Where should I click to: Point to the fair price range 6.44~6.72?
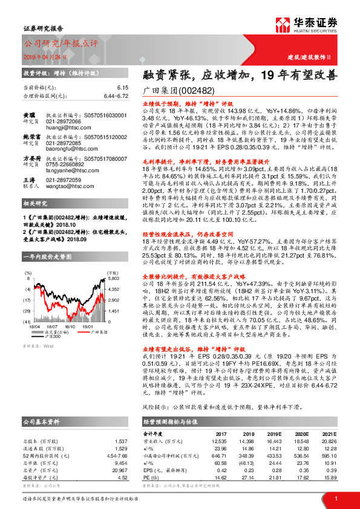(116, 96)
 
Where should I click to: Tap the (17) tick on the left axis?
(27, 300)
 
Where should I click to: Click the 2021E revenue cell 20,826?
(328, 442)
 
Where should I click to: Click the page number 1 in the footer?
(335, 498)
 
